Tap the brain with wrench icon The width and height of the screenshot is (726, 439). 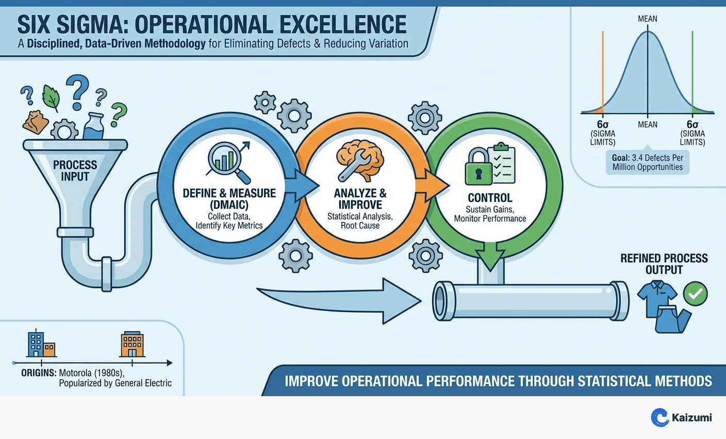[x=359, y=160]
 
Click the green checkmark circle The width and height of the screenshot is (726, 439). [x=695, y=294]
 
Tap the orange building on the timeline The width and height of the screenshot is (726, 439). [x=132, y=344]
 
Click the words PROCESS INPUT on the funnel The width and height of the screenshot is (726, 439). [x=75, y=171]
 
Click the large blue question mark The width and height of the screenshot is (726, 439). [x=78, y=91]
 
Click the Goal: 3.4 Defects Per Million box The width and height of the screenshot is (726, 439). [x=647, y=162]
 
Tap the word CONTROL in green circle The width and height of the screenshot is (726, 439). [x=490, y=198]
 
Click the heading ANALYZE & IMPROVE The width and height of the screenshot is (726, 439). [x=360, y=199]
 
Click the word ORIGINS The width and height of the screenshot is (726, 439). [x=39, y=372]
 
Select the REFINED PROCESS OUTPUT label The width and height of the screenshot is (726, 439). [x=664, y=264]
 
